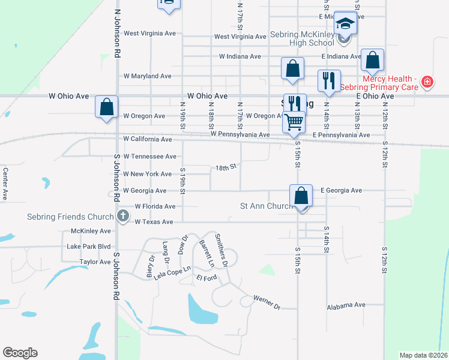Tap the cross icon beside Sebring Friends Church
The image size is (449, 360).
[x=122, y=216]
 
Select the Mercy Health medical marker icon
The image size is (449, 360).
[x=427, y=82]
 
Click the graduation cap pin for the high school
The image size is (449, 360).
[x=345, y=25]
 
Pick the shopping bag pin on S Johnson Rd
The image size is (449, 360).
[x=106, y=109]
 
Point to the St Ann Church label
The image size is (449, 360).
[x=266, y=206]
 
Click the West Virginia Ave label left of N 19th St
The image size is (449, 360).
[x=148, y=34]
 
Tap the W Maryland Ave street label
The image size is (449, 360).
[x=148, y=76]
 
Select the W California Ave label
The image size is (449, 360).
[x=148, y=139]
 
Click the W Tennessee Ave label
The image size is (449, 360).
[x=149, y=156]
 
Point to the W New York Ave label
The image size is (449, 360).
[x=148, y=174]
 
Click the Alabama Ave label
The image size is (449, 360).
[x=346, y=305]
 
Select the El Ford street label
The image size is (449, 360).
[x=206, y=278]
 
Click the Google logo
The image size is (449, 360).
[x=20, y=353]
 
